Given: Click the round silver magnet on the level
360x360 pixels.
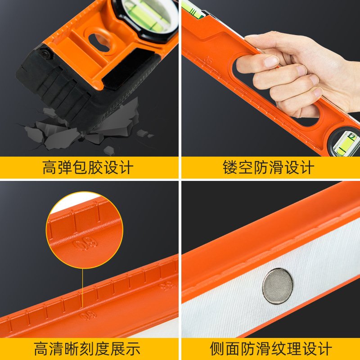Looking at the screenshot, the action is coord(278,286).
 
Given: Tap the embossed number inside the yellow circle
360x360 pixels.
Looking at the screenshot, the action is coord(85,244).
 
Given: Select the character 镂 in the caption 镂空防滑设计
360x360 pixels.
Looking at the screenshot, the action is coord(230,167).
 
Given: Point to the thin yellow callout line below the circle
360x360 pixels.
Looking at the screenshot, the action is coord(82,288).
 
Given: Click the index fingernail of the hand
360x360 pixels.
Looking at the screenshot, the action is coord(271,61).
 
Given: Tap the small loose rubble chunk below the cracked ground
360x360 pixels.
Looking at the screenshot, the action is coord(109,151).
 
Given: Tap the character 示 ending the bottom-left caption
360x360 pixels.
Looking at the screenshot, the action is coord(133,349).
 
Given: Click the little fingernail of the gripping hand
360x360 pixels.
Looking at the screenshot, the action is coord(318,92).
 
